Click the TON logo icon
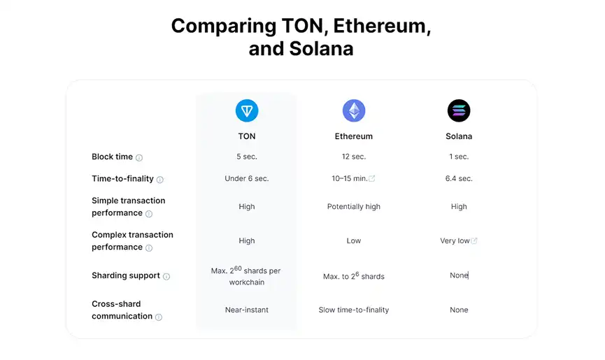pyautogui.click(x=247, y=110)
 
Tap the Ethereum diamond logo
pyautogui.click(x=354, y=110)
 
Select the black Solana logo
pyautogui.click(x=459, y=110)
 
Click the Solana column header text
pyautogui.click(x=459, y=136)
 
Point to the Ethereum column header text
pyautogui.click(x=354, y=136)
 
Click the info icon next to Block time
pyautogui.click(x=139, y=158)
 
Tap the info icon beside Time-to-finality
pyautogui.click(x=160, y=180)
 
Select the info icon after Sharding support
pyautogui.click(x=166, y=276)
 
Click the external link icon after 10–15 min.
pyautogui.click(x=372, y=178)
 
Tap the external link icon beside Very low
pyautogui.click(x=474, y=240)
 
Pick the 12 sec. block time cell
pyautogui.click(x=354, y=157)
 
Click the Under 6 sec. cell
pyautogui.click(x=247, y=178)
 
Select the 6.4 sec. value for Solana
pyautogui.click(x=459, y=178)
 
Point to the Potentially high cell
pyautogui.click(x=354, y=207)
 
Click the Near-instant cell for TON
pyautogui.click(x=247, y=310)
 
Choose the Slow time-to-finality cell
pyautogui.click(x=354, y=310)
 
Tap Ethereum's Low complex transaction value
pyautogui.click(x=354, y=240)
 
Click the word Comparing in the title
pyautogui.click(x=224, y=27)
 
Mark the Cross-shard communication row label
pyautogui.click(x=122, y=310)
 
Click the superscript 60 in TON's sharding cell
pyautogui.click(x=238, y=268)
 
